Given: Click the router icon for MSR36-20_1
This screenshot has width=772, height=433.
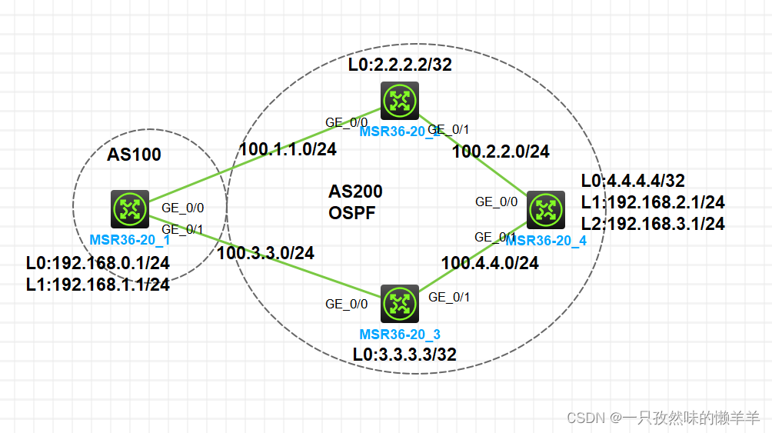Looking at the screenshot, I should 129,209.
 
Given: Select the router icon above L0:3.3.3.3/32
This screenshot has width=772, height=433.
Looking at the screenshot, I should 399,304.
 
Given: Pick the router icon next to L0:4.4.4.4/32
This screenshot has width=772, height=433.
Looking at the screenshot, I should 545,210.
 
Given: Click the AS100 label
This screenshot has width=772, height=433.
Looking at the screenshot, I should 134,155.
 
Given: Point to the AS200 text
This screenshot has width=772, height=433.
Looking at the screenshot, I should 355,192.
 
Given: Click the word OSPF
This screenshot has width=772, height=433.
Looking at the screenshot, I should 352,213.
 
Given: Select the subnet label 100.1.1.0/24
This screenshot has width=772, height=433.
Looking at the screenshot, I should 288,149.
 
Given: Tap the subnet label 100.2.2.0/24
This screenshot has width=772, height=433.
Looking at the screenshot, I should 501,152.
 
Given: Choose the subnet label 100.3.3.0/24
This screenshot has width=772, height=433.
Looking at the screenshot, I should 266,251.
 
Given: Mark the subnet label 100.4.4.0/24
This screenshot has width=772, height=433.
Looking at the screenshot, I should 490,263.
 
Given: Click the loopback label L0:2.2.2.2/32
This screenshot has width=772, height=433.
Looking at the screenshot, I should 400,65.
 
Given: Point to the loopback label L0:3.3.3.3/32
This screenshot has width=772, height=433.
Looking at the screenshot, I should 404,355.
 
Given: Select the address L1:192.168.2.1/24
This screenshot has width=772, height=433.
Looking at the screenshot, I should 653,202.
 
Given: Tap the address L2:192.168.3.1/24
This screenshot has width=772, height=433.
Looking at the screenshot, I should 653,224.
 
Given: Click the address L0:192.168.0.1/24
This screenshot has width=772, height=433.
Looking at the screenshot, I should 98,263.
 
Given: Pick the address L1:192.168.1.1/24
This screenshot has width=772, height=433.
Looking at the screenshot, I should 98,284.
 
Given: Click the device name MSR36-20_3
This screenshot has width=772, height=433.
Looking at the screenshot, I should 400,335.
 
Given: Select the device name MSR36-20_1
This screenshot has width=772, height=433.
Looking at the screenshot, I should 130,239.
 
